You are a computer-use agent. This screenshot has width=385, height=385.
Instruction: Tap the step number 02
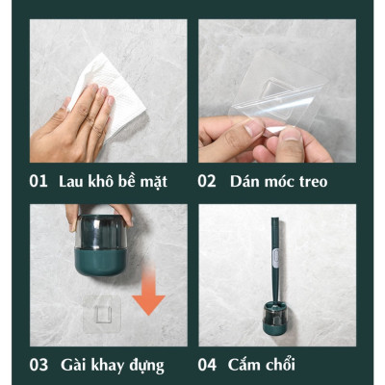pyautogui.click(x=207, y=181)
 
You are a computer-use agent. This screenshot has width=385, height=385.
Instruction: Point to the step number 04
pyautogui.click(x=207, y=365)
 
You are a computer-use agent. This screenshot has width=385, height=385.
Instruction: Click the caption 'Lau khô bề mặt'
pyautogui.click(x=112, y=181)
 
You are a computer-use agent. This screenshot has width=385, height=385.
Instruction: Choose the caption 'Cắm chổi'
pyautogui.click(x=261, y=365)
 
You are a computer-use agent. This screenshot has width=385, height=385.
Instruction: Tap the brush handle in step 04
pyautogui.click(x=274, y=260)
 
